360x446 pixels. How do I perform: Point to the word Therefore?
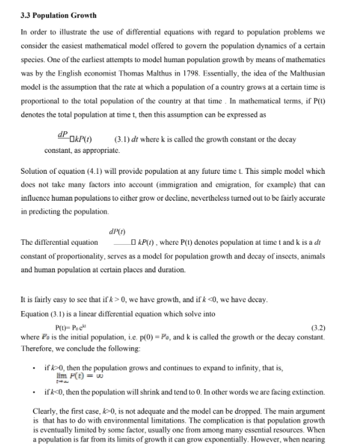click(36, 347)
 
